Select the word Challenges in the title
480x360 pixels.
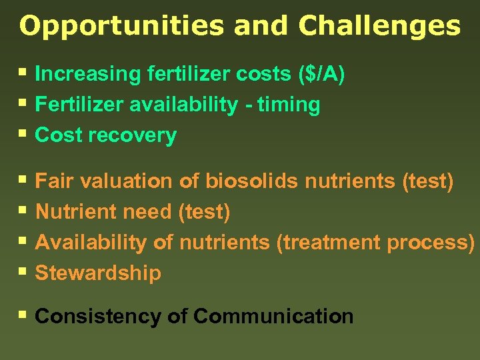click(379, 26)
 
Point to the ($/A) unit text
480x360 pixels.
click(322, 74)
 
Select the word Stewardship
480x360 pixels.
click(98, 273)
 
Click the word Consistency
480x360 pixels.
click(97, 316)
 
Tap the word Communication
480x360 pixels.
click(273, 316)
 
